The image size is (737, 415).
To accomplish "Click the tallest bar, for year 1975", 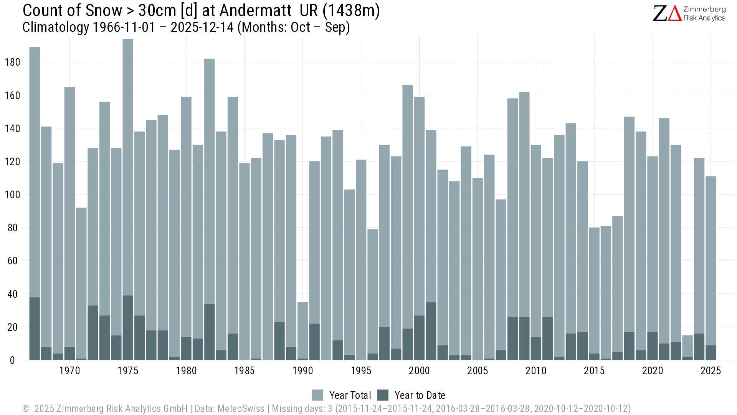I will click(x=128, y=165).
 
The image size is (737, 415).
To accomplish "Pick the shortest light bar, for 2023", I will click(x=687, y=346).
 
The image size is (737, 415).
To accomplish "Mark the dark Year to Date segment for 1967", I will click(x=35, y=329).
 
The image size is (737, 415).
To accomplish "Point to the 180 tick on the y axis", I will click(x=12, y=62).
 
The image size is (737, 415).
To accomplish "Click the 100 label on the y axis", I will click(x=12, y=195).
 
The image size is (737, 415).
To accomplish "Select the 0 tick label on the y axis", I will click(x=12, y=360).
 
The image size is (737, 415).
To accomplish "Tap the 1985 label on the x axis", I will click(x=245, y=371).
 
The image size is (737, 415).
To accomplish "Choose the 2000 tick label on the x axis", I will click(x=419, y=371).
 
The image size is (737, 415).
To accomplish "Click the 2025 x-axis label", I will click(x=711, y=371).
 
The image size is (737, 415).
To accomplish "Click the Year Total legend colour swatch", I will click(x=318, y=395).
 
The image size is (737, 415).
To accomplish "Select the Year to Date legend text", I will click(x=420, y=395).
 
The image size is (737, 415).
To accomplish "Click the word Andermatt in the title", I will click(x=255, y=11).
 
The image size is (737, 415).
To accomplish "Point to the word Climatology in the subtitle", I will click(x=56, y=28).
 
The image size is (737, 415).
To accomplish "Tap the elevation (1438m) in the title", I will click(x=351, y=11).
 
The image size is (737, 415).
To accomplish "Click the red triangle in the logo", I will click(x=675, y=13).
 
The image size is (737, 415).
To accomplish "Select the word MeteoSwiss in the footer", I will click(x=241, y=408).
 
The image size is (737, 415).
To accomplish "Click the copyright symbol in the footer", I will click(x=26, y=408).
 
